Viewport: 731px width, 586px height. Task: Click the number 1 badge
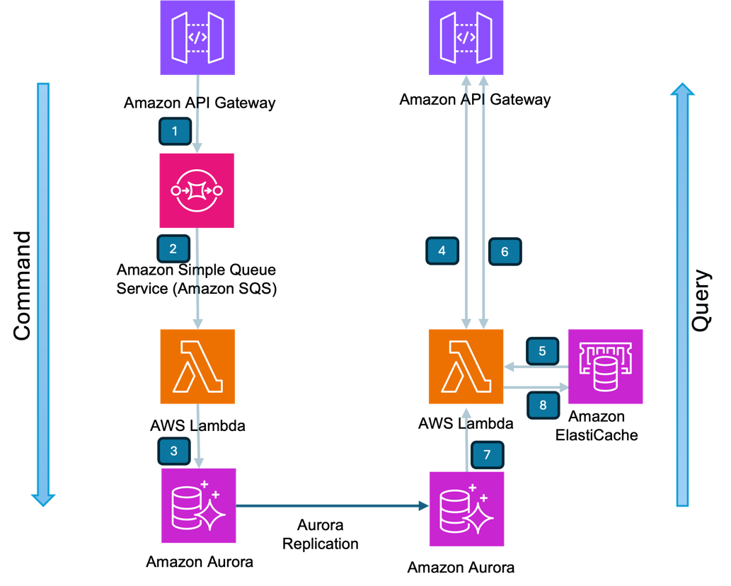(175, 131)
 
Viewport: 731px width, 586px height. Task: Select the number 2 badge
(173, 249)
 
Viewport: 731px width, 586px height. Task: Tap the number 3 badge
(174, 451)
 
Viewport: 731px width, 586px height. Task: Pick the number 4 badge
(442, 251)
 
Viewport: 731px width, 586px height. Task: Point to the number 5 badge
(542, 351)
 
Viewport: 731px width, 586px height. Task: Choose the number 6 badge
(505, 251)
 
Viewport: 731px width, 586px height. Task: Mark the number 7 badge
(487, 454)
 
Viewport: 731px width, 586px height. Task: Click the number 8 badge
(543, 406)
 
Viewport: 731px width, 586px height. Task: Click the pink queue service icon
(197, 190)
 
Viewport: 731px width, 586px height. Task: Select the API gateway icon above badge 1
(197, 38)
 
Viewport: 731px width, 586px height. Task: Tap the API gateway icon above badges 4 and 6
(466, 38)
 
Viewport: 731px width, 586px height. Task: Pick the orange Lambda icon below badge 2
(197, 367)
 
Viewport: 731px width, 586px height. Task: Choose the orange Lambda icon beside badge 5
(466, 367)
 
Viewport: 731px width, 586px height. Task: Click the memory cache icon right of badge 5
(606, 367)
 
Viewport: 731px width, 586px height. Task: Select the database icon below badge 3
(199, 505)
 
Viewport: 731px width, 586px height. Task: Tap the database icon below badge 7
(466, 509)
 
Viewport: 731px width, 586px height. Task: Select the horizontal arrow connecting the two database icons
(333, 505)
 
